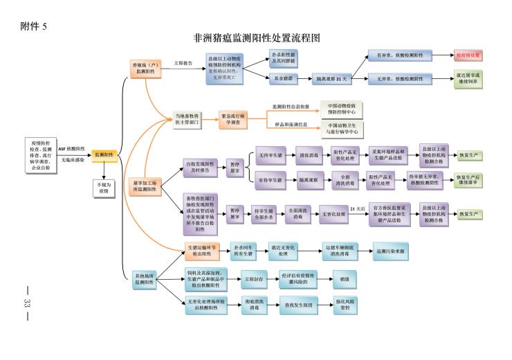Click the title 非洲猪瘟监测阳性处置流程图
[x=257, y=37]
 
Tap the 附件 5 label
[x=35, y=27]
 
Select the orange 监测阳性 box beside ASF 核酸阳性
[x=104, y=154]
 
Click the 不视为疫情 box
[x=104, y=188]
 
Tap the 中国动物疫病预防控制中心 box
[x=341, y=109]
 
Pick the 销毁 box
[x=345, y=280]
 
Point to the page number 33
[x=28, y=304]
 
